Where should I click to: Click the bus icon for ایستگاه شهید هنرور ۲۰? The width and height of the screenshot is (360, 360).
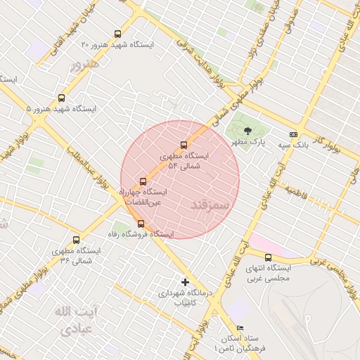[x=117, y=34]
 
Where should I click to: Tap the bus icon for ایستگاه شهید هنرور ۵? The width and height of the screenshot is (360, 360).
[x=61, y=98]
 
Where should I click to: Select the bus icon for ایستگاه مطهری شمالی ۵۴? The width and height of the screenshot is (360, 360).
[x=184, y=146]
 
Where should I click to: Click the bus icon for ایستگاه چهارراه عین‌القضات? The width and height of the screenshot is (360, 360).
[x=143, y=181]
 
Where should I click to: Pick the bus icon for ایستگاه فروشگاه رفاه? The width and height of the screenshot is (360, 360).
[x=141, y=224]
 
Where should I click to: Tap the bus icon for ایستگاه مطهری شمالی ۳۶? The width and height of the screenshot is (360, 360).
[x=76, y=240]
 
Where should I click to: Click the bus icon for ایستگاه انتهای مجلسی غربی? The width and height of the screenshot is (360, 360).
[x=268, y=257]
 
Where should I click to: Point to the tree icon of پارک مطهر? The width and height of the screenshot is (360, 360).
[x=247, y=131]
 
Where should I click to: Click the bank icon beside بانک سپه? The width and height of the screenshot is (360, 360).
[x=293, y=134]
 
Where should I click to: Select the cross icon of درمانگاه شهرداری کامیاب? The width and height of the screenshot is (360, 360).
[x=186, y=282]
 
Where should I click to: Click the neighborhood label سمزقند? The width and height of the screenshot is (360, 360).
[x=210, y=204]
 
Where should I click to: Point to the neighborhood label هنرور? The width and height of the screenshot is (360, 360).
[x=86, y=64]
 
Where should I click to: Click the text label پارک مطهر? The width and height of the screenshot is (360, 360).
[x=250, y=142]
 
